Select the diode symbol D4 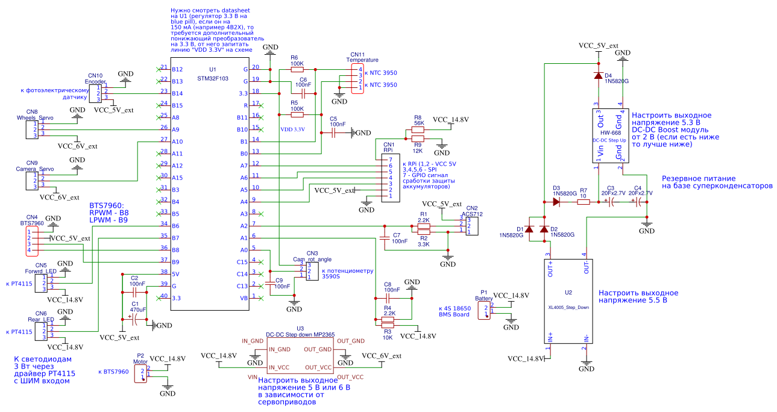pyautogui.click(x=598, y=76)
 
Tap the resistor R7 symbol pyautogui.click(x=583, y=202)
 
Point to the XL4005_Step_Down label pyautogui.click(x=568, y=307)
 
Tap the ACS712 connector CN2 pyautogui.click(x=473, y=226)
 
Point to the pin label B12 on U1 pyautogui.click(x=177, y=69)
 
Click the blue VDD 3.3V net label pyautogui.click(x=292, y=129)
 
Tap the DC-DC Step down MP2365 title pyautogui.click(x=300, y=334)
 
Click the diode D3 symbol pyautogui.click(x=556, y=202)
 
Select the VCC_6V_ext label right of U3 pyautogui.click(x=381, y=356)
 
